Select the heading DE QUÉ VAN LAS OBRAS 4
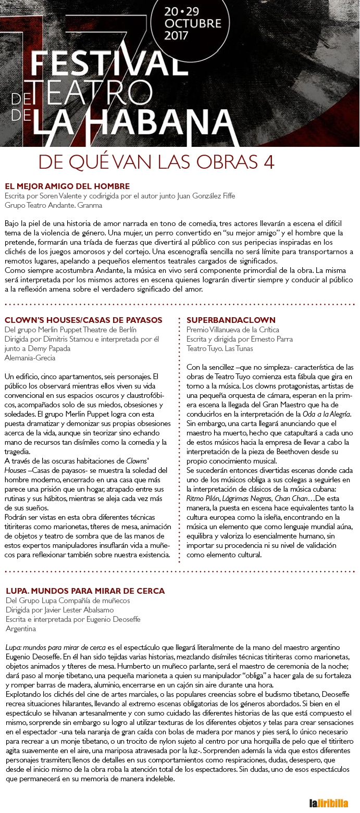pyautogui.click(x=156, y=162)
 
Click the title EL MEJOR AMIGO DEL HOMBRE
pyautogui.click(x=67, y=186)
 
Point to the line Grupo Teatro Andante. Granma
pyautogui.click(x=53, y=205)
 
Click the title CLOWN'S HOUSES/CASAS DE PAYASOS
pyautogui.click(x=83, y=320)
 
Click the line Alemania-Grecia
pyautogui.click(x=30, y=358)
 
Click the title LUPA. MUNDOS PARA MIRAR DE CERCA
pyautogui.click(x=85, y=591)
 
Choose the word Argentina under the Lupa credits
pyautogui.click(x=21, y=629)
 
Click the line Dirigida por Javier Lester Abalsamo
pyautogui.click(x=59, y=610)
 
